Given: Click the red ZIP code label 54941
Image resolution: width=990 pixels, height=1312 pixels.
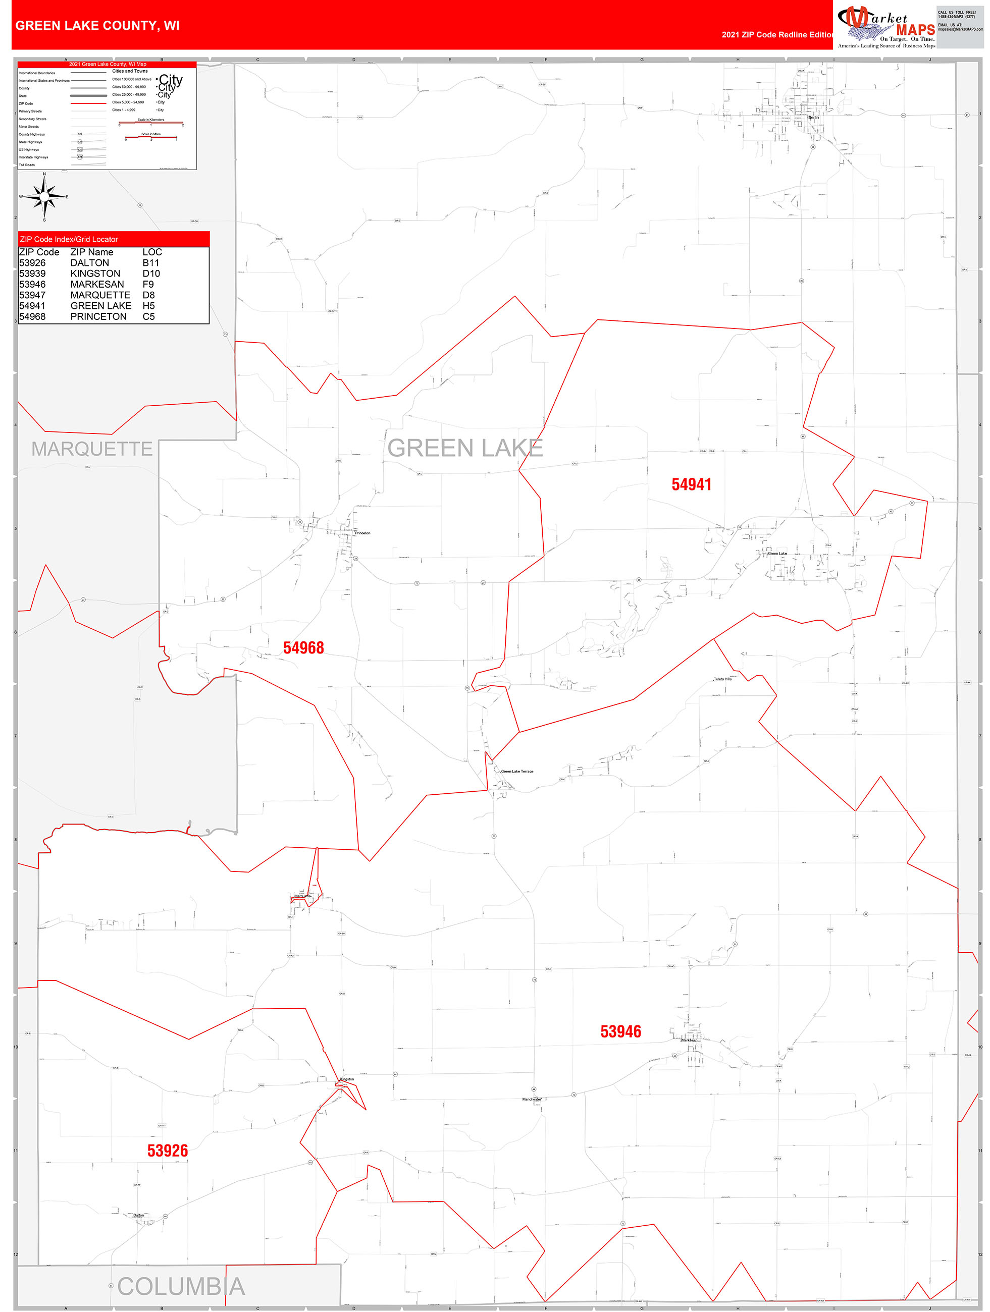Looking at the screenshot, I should (x=691, y=484).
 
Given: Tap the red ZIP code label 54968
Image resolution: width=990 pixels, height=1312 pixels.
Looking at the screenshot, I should (x=303, y=648).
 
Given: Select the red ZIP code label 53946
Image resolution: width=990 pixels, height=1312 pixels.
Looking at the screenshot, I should (x=620, y=1031).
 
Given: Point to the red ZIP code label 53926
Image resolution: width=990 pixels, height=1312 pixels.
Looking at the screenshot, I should (x=168, y=1151).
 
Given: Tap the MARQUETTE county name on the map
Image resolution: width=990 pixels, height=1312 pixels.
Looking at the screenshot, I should (x=92, y=449).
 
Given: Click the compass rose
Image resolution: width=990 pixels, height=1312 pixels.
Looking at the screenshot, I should (x=44, y=196).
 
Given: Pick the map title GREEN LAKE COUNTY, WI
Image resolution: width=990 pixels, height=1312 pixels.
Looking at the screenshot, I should (x=97, y=26).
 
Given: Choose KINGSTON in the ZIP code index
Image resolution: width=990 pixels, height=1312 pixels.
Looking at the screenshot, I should (x=95, y=274).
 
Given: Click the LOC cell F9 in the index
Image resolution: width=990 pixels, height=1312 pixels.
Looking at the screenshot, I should (x=148, y=284).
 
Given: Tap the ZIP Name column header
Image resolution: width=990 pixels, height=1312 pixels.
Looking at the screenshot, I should (x=91, y=252).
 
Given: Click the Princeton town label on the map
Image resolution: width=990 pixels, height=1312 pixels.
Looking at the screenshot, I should (x=362, y=533).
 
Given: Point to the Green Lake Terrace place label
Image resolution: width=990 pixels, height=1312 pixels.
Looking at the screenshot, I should (x=517, y=772).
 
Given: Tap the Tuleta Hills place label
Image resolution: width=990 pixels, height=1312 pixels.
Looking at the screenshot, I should (x=722, y=679).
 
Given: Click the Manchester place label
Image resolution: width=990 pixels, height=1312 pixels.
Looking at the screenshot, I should (x=531, y=1099).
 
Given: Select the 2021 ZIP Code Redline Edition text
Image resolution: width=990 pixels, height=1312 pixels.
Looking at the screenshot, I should (x=777, y=34).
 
